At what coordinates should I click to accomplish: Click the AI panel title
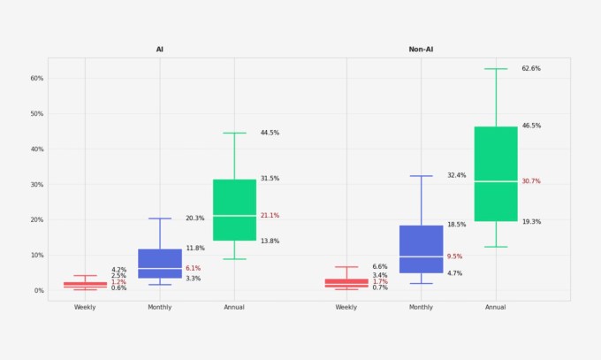click(x=160, y=50)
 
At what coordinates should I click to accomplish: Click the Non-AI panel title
click(x=421, y=50)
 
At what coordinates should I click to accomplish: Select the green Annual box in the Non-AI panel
click(x=496, y=173)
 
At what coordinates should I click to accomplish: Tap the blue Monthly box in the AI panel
click(x=160, y=264)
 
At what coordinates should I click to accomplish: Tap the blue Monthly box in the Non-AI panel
click(x=422, y=249)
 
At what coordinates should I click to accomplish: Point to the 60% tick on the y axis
click(x=37, y=78)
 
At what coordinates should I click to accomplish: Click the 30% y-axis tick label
click(x=37, y=184)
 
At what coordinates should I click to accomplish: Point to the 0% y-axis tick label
click(x=38, y=290)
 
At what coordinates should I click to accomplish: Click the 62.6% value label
click(x=531, y=68)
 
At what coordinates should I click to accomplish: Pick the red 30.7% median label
click(x=531, y=181)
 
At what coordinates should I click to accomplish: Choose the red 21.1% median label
click(x=270, y=215)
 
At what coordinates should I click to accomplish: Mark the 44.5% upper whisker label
click(x=270, y=133)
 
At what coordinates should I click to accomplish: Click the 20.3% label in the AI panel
click(x=194, y=218)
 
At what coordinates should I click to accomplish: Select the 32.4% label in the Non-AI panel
click(x=456, y=175)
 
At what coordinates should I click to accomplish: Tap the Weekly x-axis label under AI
click(x=85, y=307)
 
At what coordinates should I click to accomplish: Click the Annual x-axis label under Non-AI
click(x=496, y=307)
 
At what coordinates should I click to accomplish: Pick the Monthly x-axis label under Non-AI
click(x=422, y=307)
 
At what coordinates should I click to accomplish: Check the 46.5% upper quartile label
click(x=531, y=126)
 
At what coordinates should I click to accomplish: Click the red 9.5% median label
click(x=454, y=257)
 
